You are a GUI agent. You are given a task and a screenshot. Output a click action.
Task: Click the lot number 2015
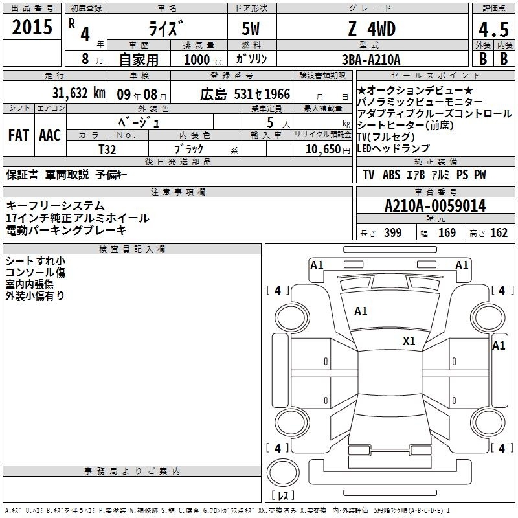pos(32,27)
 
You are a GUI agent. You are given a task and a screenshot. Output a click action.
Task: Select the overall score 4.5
pos(493,30)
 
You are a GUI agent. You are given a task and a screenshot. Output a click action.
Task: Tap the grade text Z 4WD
pos(372,28)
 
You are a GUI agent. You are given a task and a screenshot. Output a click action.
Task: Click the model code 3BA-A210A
pos(371,60)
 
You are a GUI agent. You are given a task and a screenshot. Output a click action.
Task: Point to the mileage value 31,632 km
pos(78,93)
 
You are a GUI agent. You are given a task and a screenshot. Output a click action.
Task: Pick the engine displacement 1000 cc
pos(203,60)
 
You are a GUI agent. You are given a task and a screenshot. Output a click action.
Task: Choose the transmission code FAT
pos(19,135)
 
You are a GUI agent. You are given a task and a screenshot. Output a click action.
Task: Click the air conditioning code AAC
pos(50,135)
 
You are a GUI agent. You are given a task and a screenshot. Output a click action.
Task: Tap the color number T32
pos(107,150)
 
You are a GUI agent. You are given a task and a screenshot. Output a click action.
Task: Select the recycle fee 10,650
pos(323,150)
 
